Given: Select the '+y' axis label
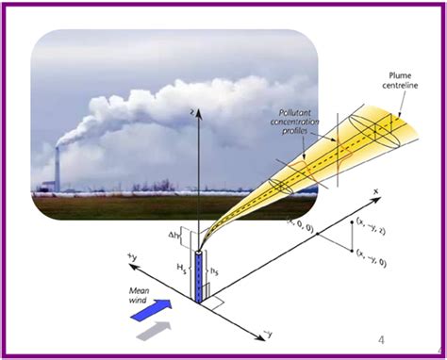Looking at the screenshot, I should click(130, 254).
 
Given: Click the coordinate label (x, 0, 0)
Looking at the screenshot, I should click(301, 222).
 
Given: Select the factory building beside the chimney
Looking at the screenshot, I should click(47, 182).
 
